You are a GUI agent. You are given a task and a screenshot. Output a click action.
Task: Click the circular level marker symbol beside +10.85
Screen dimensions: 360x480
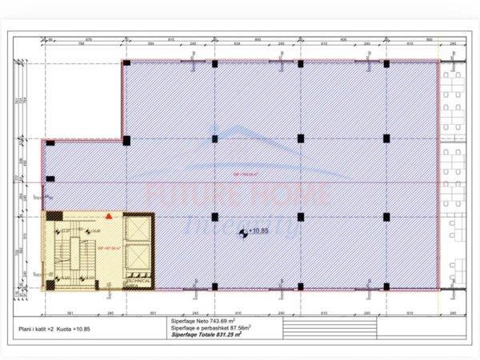pos(243,233)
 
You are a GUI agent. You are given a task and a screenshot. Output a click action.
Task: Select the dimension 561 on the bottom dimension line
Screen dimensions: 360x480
pos(70,314)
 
